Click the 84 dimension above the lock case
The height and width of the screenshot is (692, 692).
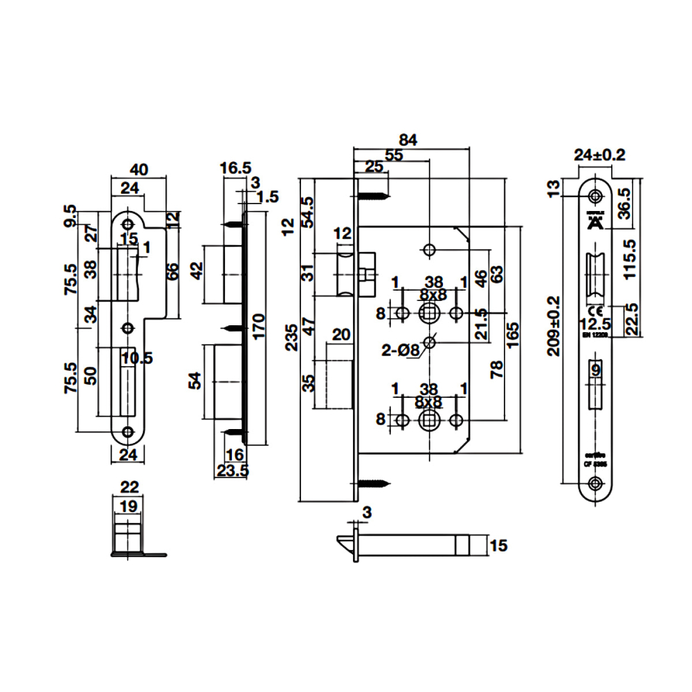click(409, 139)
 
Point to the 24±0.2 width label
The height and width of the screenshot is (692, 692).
click(600, 156)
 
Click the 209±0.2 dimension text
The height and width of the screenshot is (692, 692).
click(554, 326)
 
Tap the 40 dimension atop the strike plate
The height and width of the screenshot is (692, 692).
click(140, 170)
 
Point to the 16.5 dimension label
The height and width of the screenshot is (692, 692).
click(235, 168)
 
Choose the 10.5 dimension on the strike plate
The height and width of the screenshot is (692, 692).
click(137, 357)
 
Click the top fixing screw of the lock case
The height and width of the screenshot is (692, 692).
click(373, 195)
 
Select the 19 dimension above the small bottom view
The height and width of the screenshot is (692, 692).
click(127, 507)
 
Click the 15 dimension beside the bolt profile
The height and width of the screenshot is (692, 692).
click(498, 546)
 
